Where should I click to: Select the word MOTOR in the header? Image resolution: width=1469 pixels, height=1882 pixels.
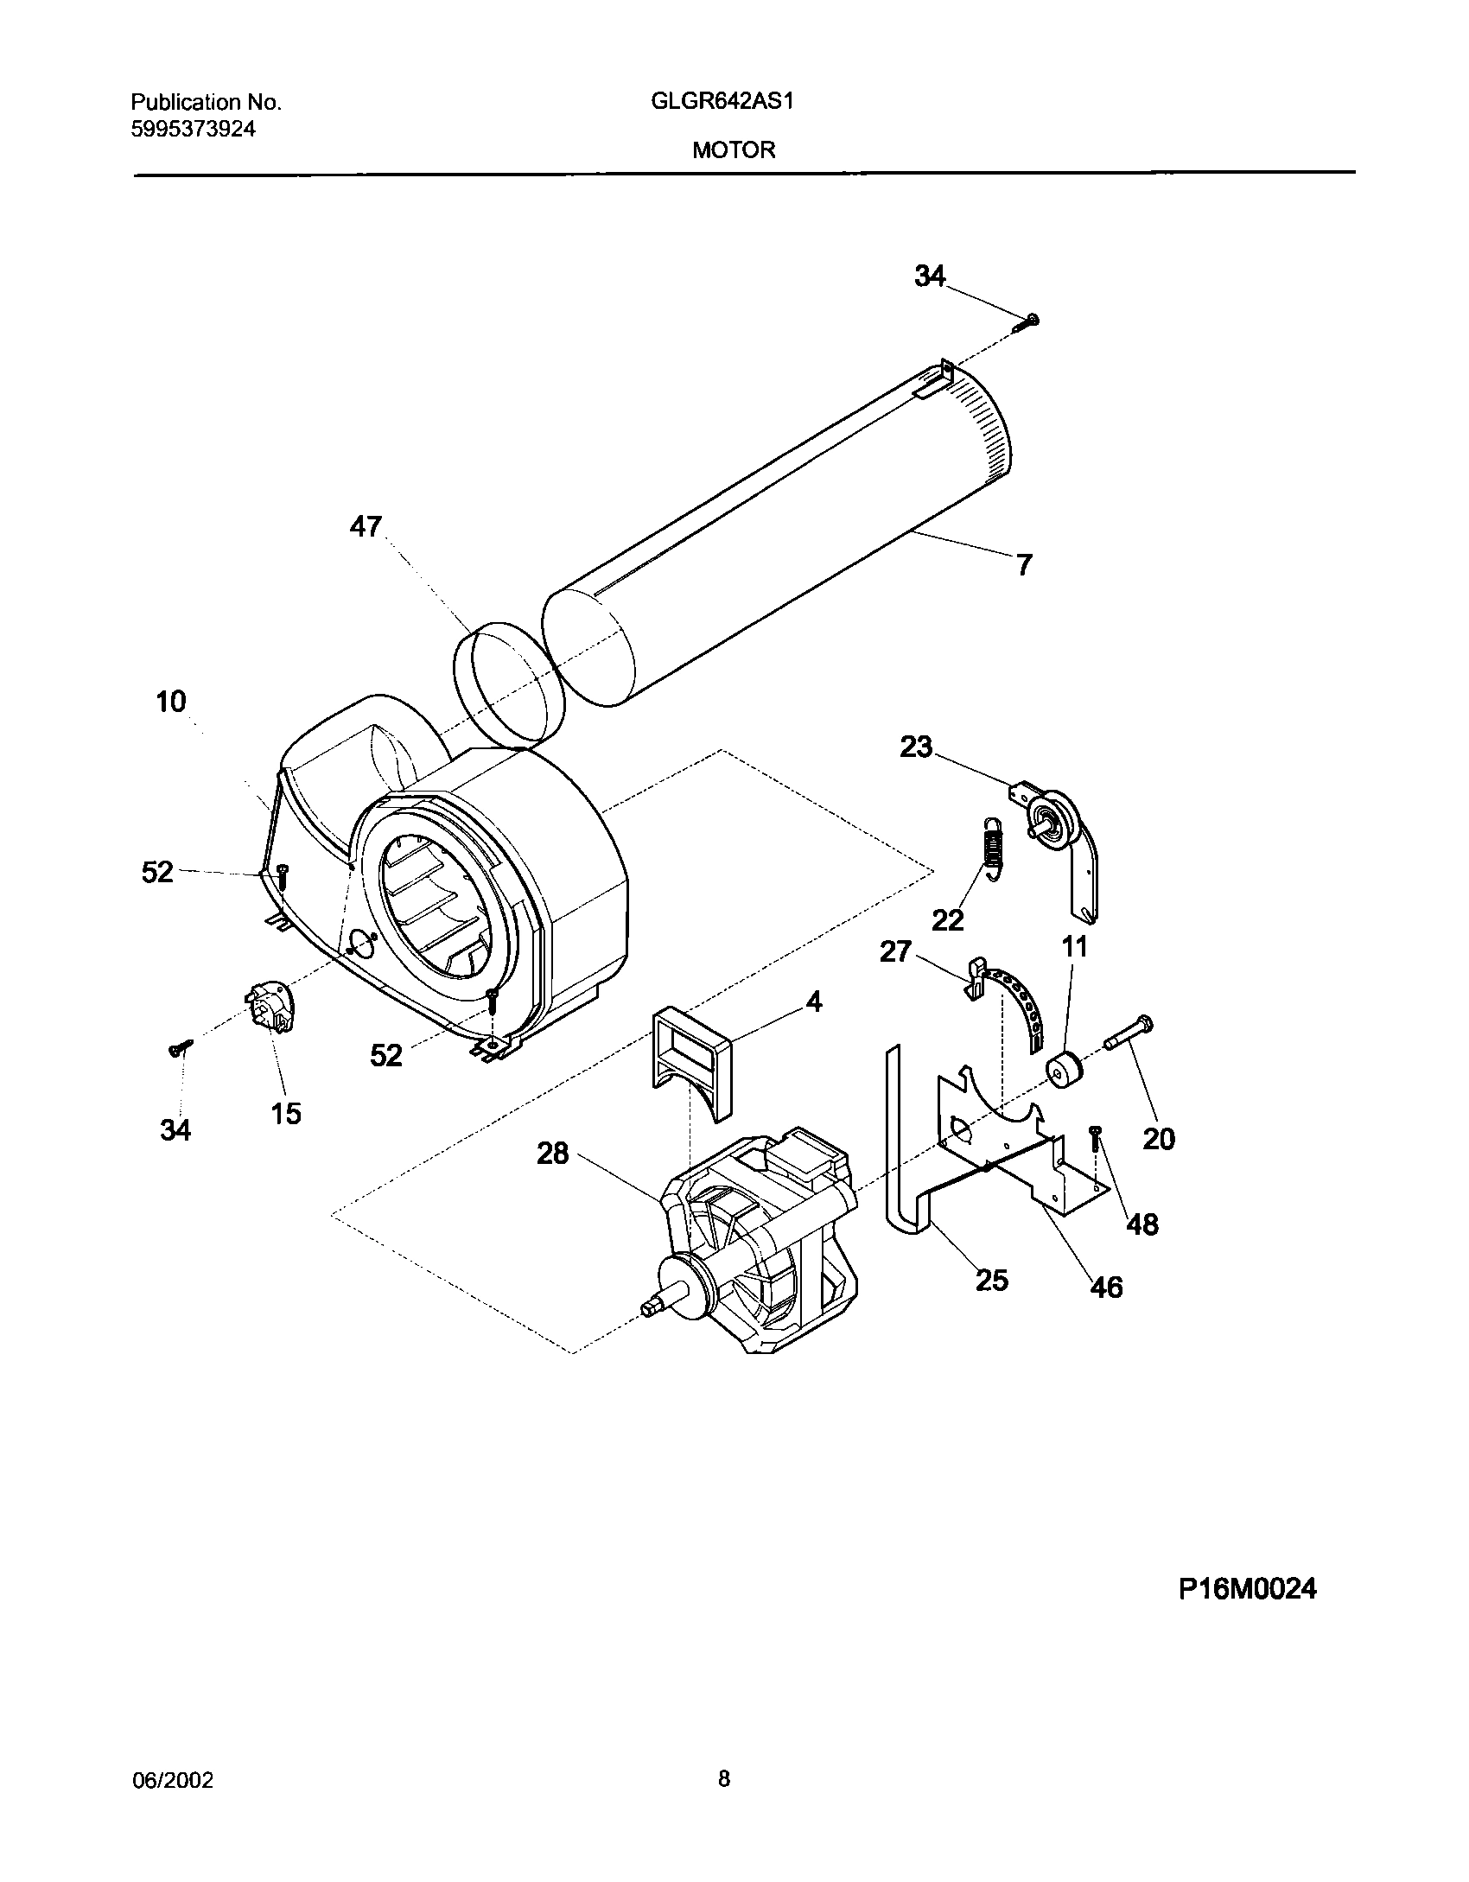733,149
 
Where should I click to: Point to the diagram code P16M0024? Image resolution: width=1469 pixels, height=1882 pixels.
1247,1588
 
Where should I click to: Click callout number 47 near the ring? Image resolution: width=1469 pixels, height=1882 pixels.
366,526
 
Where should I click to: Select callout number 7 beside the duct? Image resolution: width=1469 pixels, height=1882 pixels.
1024,565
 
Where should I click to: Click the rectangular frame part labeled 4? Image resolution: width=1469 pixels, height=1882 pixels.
690,1057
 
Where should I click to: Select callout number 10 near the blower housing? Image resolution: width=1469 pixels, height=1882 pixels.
171,701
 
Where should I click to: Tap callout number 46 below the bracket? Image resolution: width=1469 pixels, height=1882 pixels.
1107,1311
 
